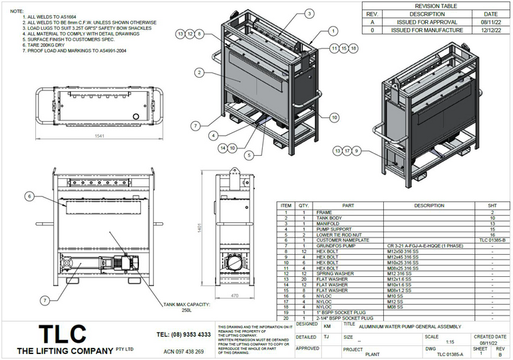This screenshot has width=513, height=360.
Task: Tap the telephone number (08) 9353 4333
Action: (x=184, y=334)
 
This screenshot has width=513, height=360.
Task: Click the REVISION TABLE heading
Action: (x=436, y=5)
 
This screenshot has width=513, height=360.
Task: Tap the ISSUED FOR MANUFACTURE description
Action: (x=427, y=30)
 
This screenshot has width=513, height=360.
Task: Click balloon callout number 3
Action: (x=309, y=13)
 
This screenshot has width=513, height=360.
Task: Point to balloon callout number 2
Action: (x=199, y=72)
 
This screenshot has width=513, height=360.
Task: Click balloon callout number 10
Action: (x=333, y=118)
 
